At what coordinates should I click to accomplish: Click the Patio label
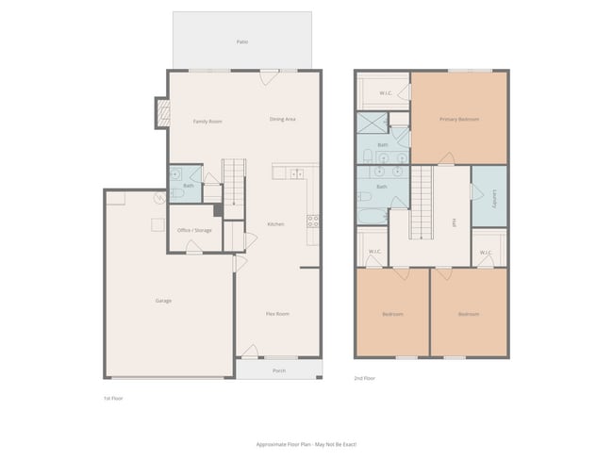(241, 42)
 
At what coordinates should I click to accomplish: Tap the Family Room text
(207, 122)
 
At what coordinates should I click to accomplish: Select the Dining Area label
(283, 119)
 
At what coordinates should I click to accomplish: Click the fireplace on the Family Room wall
(162, 113)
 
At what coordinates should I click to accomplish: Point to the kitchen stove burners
(312, 222)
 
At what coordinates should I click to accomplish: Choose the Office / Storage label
(194, 230)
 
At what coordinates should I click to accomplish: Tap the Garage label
(163, 301)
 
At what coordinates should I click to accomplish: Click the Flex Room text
(276, 313)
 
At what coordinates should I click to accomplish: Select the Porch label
(279, 370)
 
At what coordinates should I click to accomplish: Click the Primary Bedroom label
(459, 119)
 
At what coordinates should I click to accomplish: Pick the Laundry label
(494, 199)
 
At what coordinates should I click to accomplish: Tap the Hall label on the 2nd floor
(455, 222)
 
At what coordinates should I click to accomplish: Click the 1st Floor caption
(113, 399)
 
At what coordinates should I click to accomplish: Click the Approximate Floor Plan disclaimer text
(306, 443)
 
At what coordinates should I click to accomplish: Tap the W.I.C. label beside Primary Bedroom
(386, 92)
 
